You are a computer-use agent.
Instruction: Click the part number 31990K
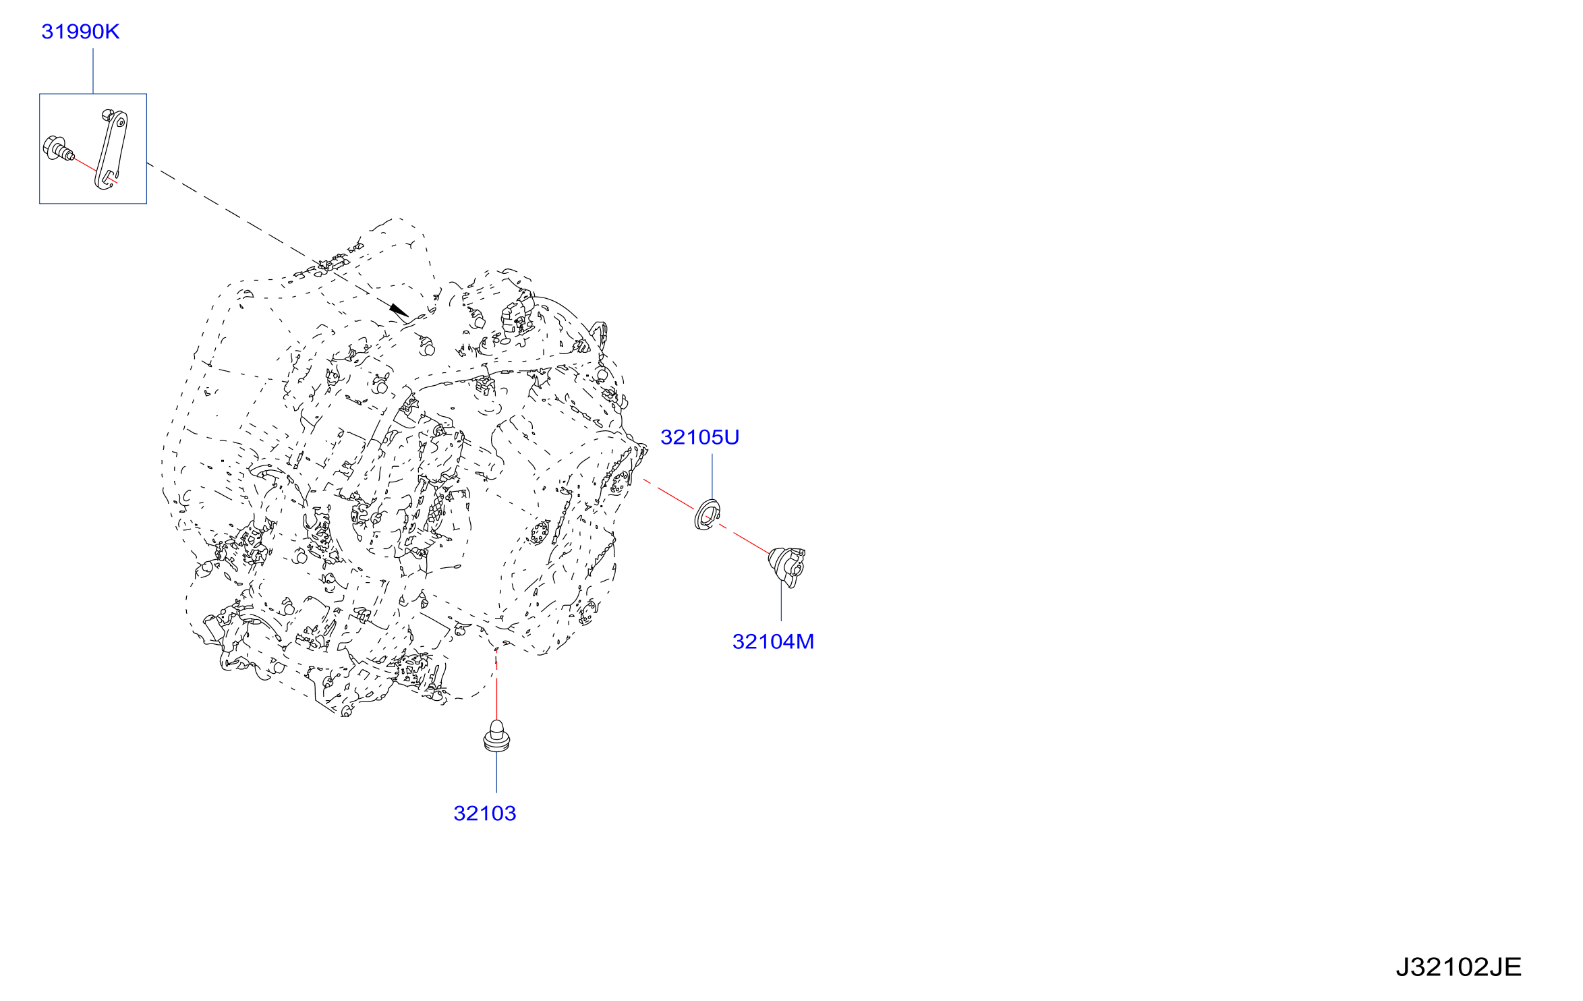click(x=80, y=32)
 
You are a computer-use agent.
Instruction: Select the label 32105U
click(x=699, y=437)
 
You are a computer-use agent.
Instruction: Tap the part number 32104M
click(x=773, y=641)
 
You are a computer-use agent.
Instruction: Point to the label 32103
click(x=484, y=813)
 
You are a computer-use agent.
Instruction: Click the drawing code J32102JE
click(x=1458, y=967)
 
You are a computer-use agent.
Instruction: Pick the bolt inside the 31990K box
click(x=58, y=149)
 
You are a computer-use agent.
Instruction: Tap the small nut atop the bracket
click(x=107, y=115)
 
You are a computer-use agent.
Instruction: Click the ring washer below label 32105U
click(x=708, y=515)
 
